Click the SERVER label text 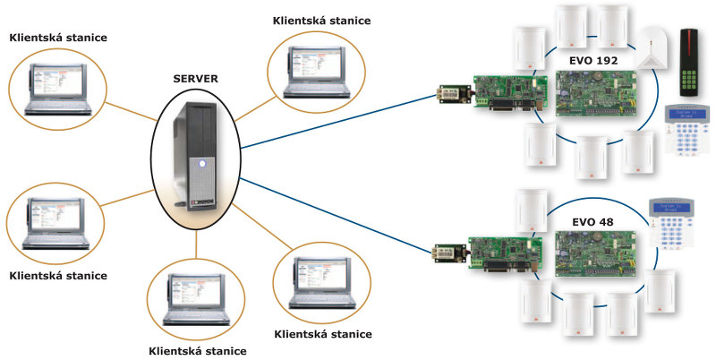pyautogui.click(x=195, y=79)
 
